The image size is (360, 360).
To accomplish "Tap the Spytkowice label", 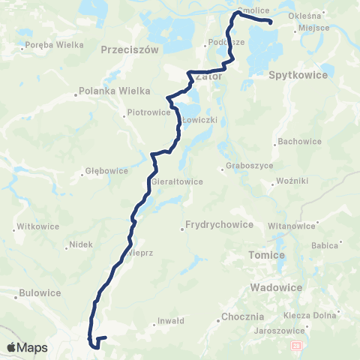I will click(295, 76).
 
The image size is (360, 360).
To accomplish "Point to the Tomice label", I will click(267, 255).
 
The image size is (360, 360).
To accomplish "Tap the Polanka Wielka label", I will click(103, 94).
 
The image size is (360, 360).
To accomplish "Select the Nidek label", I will click(80, 244).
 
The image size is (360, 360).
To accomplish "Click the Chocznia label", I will click(241, 317).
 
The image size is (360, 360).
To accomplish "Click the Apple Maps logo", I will click(26, 347).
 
